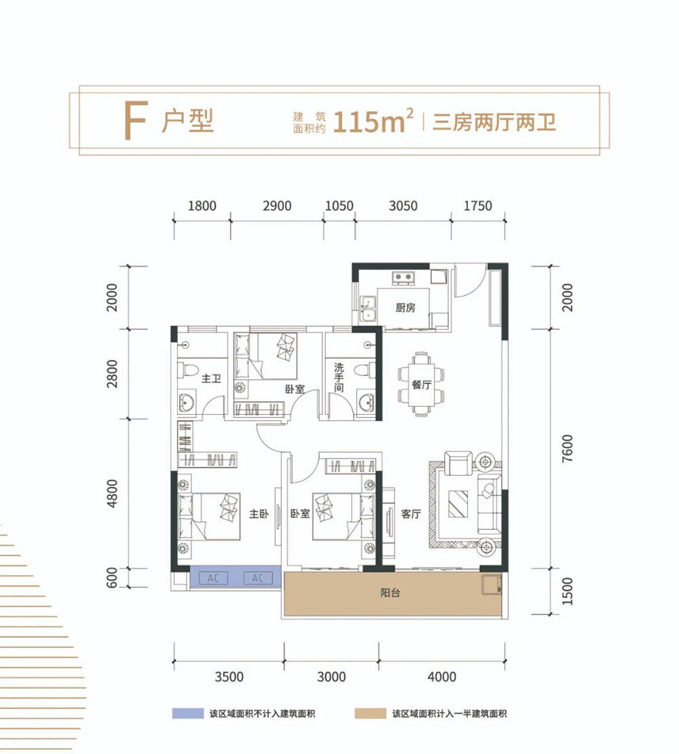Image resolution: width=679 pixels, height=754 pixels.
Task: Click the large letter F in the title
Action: (134, 122)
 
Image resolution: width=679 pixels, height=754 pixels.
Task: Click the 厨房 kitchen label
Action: (405, 307)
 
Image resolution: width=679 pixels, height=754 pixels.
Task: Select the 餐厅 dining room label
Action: (422, 384)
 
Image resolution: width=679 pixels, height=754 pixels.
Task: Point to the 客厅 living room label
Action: (411, 514)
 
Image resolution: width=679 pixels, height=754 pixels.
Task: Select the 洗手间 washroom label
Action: (339, 377)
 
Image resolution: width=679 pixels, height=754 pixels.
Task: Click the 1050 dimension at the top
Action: (339, 206)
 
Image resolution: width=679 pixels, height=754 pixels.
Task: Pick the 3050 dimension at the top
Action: (403, 206)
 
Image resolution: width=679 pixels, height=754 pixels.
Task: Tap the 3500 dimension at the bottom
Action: (229, 677)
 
